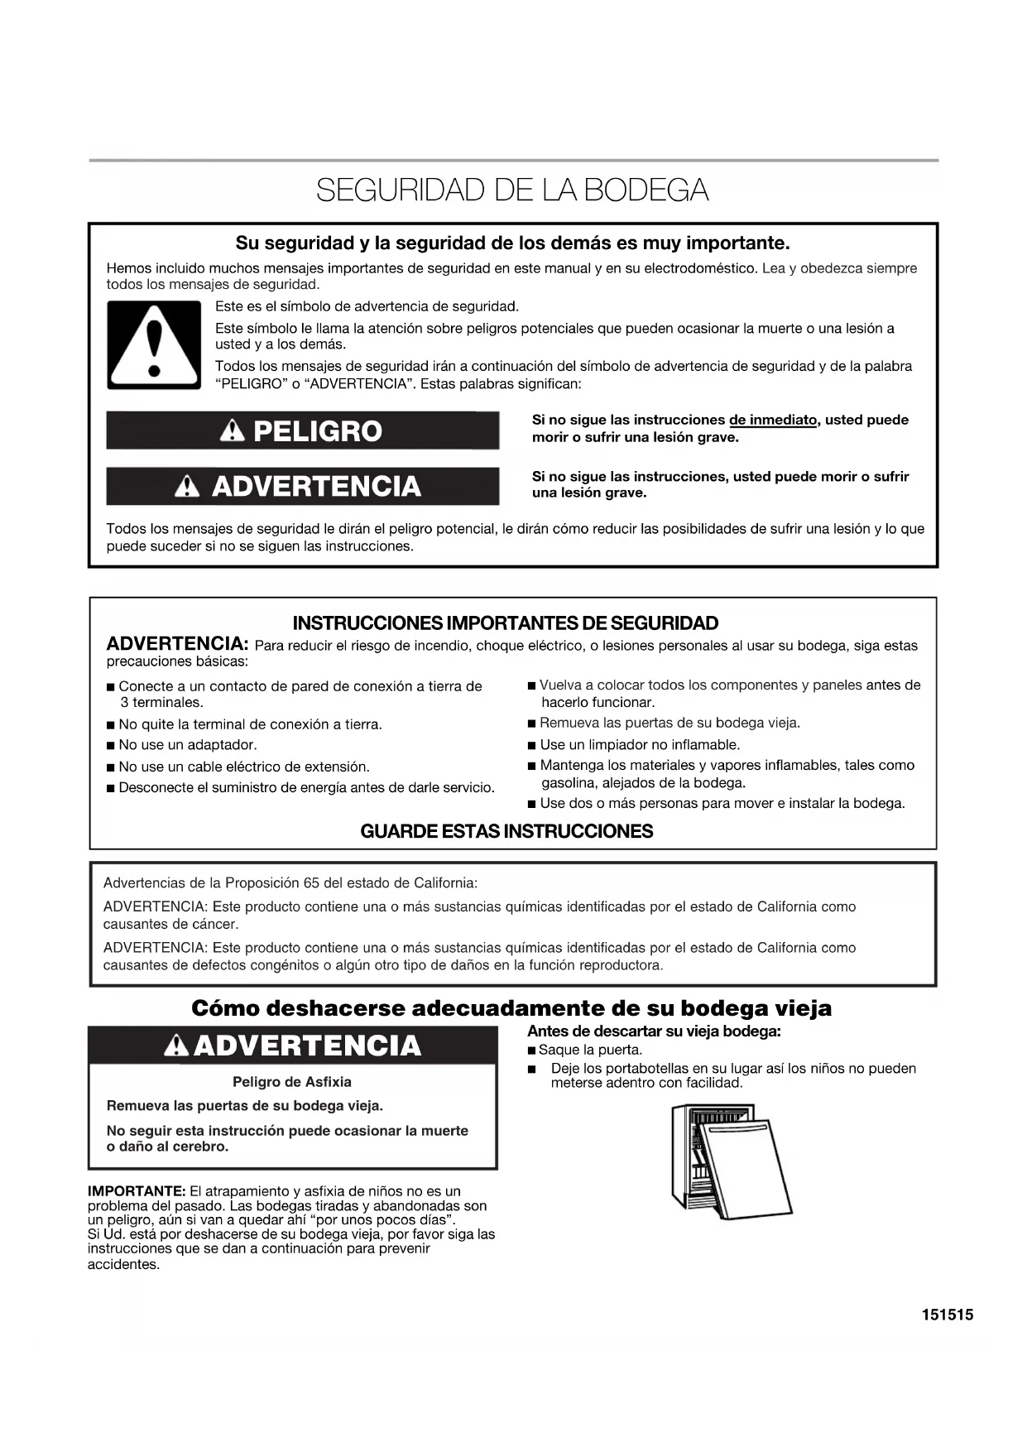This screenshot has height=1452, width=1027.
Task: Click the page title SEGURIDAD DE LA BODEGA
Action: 512,190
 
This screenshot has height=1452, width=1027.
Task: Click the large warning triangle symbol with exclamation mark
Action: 154,344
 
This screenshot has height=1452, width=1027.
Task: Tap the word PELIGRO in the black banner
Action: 317,431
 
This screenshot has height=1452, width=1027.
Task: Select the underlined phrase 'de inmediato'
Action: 772,420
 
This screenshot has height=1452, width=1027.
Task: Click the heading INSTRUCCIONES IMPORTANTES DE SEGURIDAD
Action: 505,623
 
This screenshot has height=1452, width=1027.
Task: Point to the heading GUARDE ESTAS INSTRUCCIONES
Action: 506,831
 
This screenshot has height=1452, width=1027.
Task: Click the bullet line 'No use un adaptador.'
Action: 187,745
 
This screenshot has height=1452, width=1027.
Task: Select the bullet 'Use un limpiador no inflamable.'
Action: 639,745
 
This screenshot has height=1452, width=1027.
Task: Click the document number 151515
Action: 948,1315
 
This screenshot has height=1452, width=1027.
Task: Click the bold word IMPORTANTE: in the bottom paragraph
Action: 137,1191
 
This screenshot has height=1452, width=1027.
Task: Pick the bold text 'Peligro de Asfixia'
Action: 291,1082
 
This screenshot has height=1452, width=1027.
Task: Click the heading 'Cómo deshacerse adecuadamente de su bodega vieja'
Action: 511,1008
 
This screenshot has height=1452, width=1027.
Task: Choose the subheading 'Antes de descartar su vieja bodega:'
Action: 654,1031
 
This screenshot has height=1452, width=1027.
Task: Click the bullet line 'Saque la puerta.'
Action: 589,1050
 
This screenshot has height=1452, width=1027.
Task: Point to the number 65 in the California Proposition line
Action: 310,882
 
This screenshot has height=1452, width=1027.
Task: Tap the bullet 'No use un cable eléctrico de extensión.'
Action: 243,767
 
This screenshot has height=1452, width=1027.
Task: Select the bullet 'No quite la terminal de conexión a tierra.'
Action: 250,724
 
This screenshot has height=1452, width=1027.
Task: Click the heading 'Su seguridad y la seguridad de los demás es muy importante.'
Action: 512,243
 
